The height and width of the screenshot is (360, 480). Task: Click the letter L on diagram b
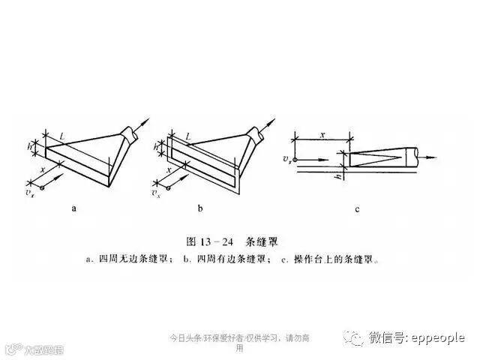tap(187, 136)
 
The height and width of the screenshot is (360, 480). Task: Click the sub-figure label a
tap(74, 209)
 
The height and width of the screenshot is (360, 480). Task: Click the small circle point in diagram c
tap(296, 160)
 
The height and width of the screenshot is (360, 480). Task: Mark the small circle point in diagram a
tap(43, 187)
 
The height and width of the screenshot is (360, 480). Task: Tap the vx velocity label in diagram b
tap(156, 193)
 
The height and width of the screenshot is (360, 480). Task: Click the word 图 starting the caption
tap(190, 241)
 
